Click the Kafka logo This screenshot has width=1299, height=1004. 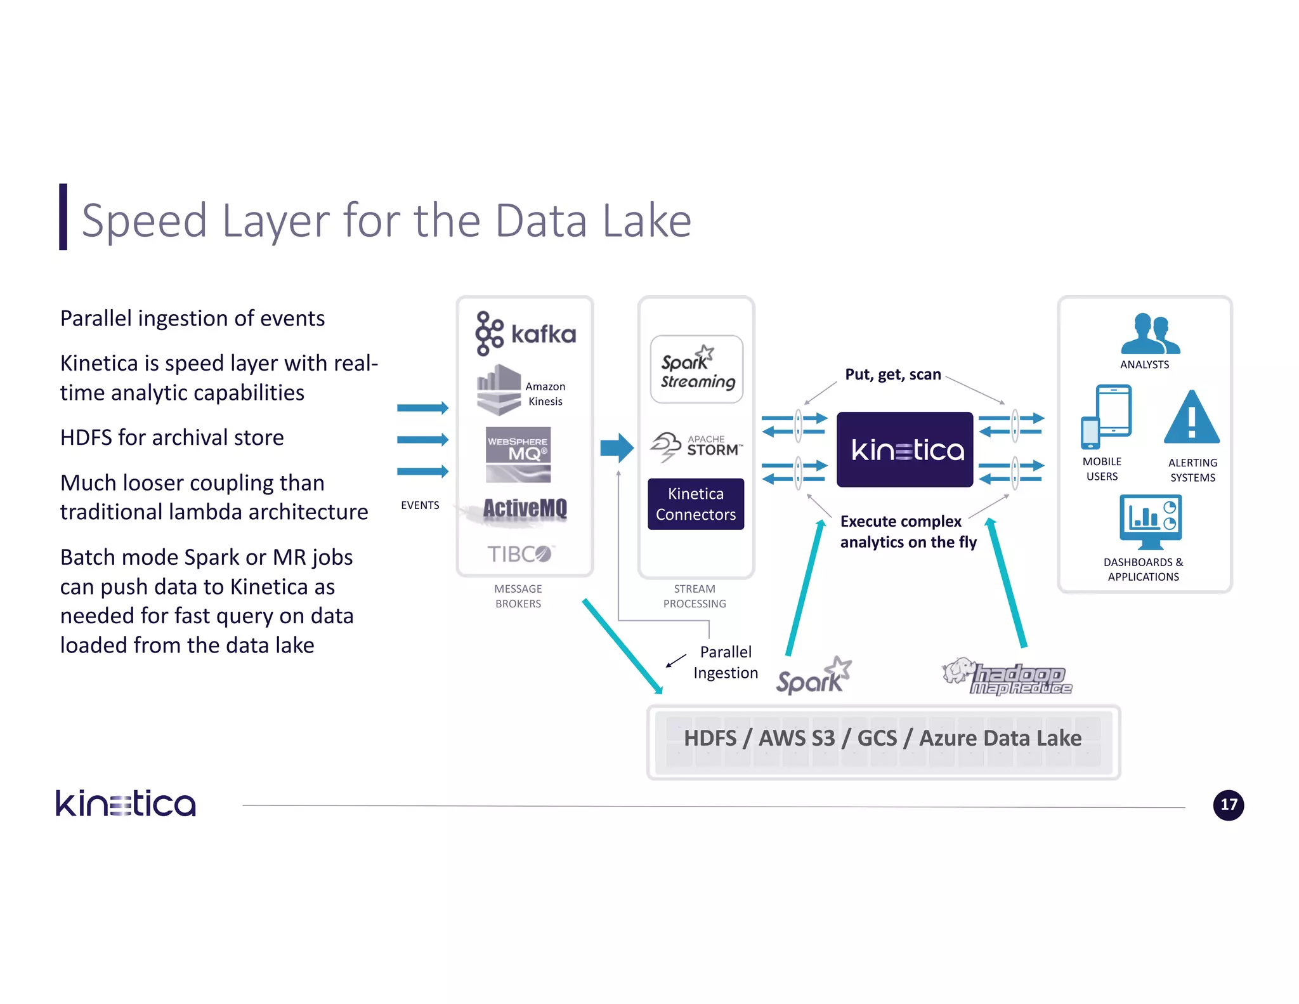coord(525,333)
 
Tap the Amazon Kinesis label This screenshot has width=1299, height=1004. coord(545,394)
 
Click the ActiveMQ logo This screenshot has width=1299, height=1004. coord(524,510)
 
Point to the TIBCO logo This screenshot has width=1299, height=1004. coord(520,554)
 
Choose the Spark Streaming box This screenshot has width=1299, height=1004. coord(696,370)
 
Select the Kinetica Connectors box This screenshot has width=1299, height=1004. coord(696,504)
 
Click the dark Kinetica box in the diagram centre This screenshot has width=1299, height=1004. coord(904,450)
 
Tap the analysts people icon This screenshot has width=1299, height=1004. coord(1149,334)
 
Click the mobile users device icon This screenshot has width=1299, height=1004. coord(1106,416)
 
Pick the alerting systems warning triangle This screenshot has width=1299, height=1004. coord(1191,418)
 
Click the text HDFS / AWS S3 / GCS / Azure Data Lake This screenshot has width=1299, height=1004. coord(882,739)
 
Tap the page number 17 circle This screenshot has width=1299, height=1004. coord(1228,805)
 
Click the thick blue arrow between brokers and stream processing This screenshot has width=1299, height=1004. coord(617,448)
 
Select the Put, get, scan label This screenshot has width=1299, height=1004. coord(892,374)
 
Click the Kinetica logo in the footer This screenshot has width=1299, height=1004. coord(126,803)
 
